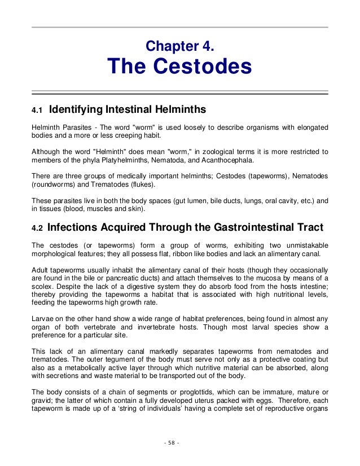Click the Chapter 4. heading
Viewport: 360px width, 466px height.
(x=179, y=45)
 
